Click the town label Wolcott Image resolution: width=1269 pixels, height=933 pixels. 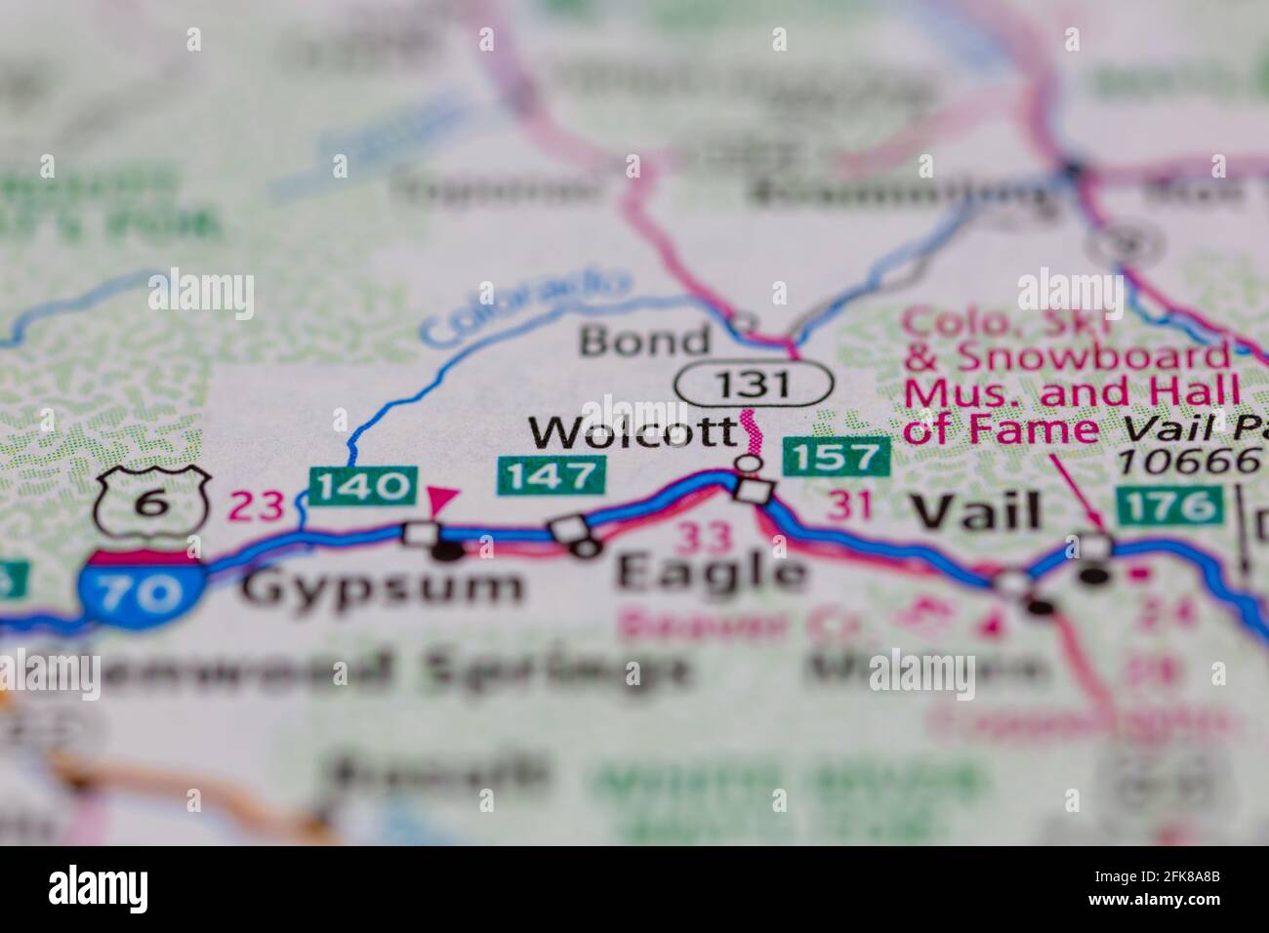click(632, 431)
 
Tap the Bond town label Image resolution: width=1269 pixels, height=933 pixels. click(644, 341)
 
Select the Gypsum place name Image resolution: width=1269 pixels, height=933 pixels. click(383, 588)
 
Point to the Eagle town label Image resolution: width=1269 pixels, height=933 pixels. click(712, 573)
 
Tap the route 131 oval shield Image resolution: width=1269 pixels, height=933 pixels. click(754, 384)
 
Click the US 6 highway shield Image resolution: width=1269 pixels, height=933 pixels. click(153, 503)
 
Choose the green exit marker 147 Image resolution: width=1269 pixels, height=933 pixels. click(553, 476)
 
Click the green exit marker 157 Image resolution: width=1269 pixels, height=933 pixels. click(838, 457)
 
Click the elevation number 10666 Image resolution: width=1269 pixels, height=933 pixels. click(1188, 461)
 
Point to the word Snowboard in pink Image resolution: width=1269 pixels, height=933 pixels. click(1092, 358)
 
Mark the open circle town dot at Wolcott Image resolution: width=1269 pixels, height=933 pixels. click(749, 462)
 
